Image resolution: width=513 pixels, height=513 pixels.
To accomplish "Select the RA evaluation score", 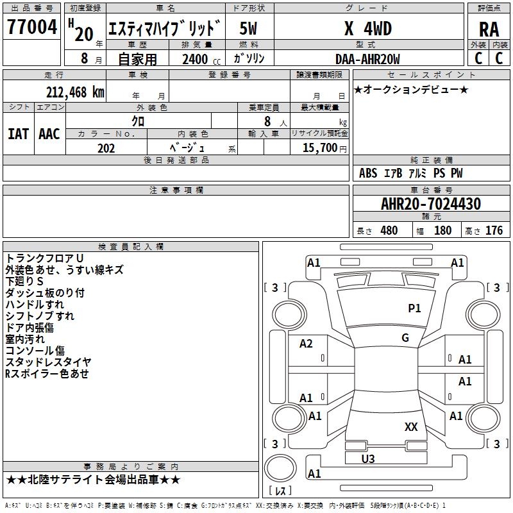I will click(489, 29).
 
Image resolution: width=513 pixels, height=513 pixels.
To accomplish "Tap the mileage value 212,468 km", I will click(75, 92).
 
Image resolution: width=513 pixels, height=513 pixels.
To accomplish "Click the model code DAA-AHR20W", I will click(367, 59).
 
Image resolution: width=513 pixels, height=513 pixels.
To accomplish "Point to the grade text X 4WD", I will click(367, 28).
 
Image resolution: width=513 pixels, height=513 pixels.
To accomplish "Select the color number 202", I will click(106, 148).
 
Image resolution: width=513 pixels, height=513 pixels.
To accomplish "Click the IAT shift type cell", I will click(18, 133).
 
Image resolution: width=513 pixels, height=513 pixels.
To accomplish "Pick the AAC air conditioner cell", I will click(49, 133).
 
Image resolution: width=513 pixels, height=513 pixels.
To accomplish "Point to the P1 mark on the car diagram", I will click(414, 308).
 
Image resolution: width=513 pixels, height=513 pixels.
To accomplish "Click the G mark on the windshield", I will click(405, 337).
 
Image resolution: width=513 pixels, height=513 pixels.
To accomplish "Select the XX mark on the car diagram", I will click(411, 426).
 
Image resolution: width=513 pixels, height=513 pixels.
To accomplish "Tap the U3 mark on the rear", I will click(368, 458).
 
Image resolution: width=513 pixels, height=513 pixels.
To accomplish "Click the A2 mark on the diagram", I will click(307, 344).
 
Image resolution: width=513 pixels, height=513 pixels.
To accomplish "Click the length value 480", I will click(389, 231).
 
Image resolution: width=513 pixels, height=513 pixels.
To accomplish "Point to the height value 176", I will click(494, 231).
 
